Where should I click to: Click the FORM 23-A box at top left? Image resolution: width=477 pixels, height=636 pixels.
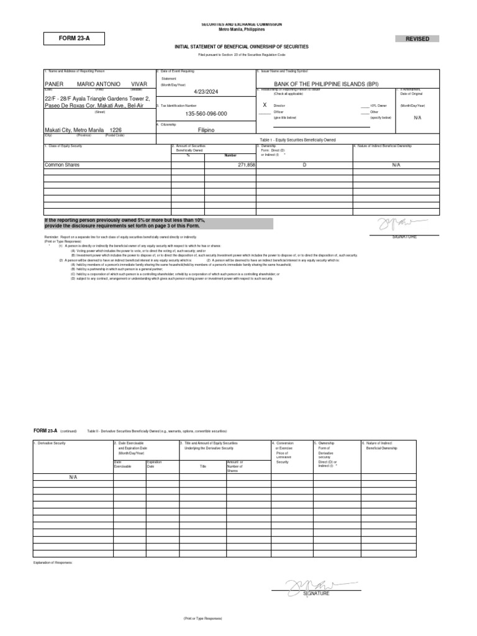coord(75,39)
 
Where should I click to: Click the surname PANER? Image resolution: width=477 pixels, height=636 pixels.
coord(55,84)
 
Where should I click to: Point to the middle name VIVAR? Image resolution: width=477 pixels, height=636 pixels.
coord(140,84)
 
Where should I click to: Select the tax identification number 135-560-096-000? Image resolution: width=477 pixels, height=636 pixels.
coord(206,114)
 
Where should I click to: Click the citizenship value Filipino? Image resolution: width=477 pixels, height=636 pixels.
coord(206,130)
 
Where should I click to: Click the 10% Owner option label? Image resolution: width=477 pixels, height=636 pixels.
coord(378,106)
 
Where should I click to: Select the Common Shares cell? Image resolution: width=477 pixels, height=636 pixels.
coord(62,165)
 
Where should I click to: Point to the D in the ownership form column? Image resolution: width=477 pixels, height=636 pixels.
coord(304,165)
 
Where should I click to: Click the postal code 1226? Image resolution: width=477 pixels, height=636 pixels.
coord(116,130)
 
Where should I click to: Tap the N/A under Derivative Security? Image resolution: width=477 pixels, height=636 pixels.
coord(73,476)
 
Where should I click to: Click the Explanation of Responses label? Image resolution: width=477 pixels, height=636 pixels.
coord(53,562)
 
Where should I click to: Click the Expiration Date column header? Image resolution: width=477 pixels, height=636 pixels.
coord(153,464)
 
